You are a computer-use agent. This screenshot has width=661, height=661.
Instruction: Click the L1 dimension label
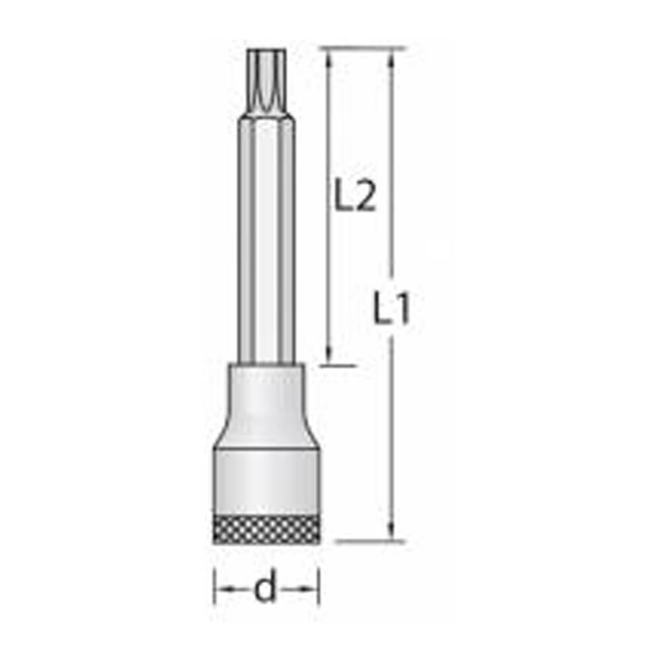pos(391,307)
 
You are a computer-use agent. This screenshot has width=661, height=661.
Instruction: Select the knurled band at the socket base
pos(266,530)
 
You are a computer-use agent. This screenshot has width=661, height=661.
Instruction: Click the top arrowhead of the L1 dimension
pos(391,58)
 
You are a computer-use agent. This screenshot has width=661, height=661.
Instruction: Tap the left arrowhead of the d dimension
pos(223,589)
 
